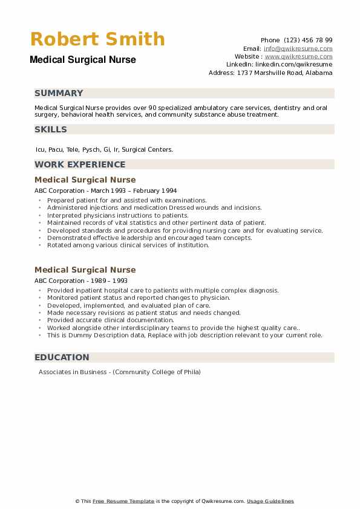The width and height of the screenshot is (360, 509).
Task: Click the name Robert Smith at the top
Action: click(97, 39)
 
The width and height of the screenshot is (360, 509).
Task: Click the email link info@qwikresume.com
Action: click(298, 48)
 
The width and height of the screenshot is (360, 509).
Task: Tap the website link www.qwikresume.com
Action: click(298, 56)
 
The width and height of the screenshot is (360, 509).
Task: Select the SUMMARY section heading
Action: click(59, 93)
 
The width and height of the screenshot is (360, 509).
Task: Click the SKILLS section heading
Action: click(51, 129)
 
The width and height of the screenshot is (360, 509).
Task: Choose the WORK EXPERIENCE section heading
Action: click(80, 164)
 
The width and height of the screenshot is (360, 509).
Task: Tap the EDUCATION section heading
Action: click(62, 357)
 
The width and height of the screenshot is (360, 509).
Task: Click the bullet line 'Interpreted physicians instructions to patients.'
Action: click(118, 215)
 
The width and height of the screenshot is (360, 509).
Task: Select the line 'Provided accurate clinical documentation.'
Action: click(110, 320)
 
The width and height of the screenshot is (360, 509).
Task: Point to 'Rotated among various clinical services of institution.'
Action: click(128, 245)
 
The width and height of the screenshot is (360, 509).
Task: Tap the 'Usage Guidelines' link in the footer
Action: click(270, 501)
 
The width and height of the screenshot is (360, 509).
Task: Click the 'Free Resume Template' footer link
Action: click(123, 501)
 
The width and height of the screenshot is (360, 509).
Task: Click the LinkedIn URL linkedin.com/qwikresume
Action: click(293, 64)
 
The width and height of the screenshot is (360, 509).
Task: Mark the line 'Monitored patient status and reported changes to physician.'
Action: click(139, 298)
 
